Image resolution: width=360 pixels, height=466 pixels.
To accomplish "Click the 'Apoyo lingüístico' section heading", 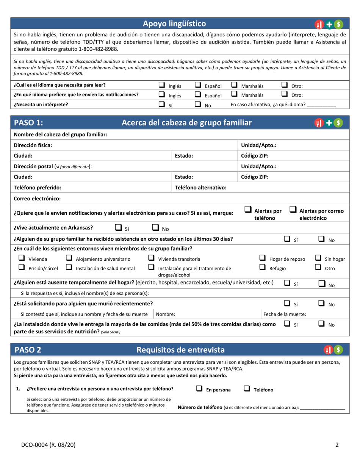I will tap(174, 24).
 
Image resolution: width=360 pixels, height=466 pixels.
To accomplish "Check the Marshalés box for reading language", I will tap(235, 85).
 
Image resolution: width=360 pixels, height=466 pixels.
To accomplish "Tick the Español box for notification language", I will tap(198, 95).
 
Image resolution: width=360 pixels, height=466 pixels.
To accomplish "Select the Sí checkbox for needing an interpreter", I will tap(161, 104).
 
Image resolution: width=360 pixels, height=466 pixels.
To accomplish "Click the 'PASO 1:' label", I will tap(28, 123).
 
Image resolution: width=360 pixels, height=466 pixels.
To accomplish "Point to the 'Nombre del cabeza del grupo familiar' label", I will tap(60, 135).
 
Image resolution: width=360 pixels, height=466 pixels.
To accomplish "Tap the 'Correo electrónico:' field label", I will tap(37, 199).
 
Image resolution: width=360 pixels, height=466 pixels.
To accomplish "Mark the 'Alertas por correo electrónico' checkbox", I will tap(293, 210).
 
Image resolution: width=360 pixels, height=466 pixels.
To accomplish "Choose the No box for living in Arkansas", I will tap(155, 228).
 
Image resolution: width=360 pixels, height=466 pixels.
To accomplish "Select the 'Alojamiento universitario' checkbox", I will tap(69, 258).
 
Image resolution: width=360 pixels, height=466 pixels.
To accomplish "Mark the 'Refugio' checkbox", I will tap(262, 267).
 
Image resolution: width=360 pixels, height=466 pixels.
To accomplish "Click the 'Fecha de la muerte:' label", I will tap(285, 314).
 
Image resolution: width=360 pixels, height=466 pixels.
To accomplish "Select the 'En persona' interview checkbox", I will tap(199, 389).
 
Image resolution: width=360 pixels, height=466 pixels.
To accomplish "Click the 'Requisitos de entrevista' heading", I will tap(180, 350).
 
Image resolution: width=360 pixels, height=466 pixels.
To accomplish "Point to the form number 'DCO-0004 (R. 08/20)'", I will tap(42, 445).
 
